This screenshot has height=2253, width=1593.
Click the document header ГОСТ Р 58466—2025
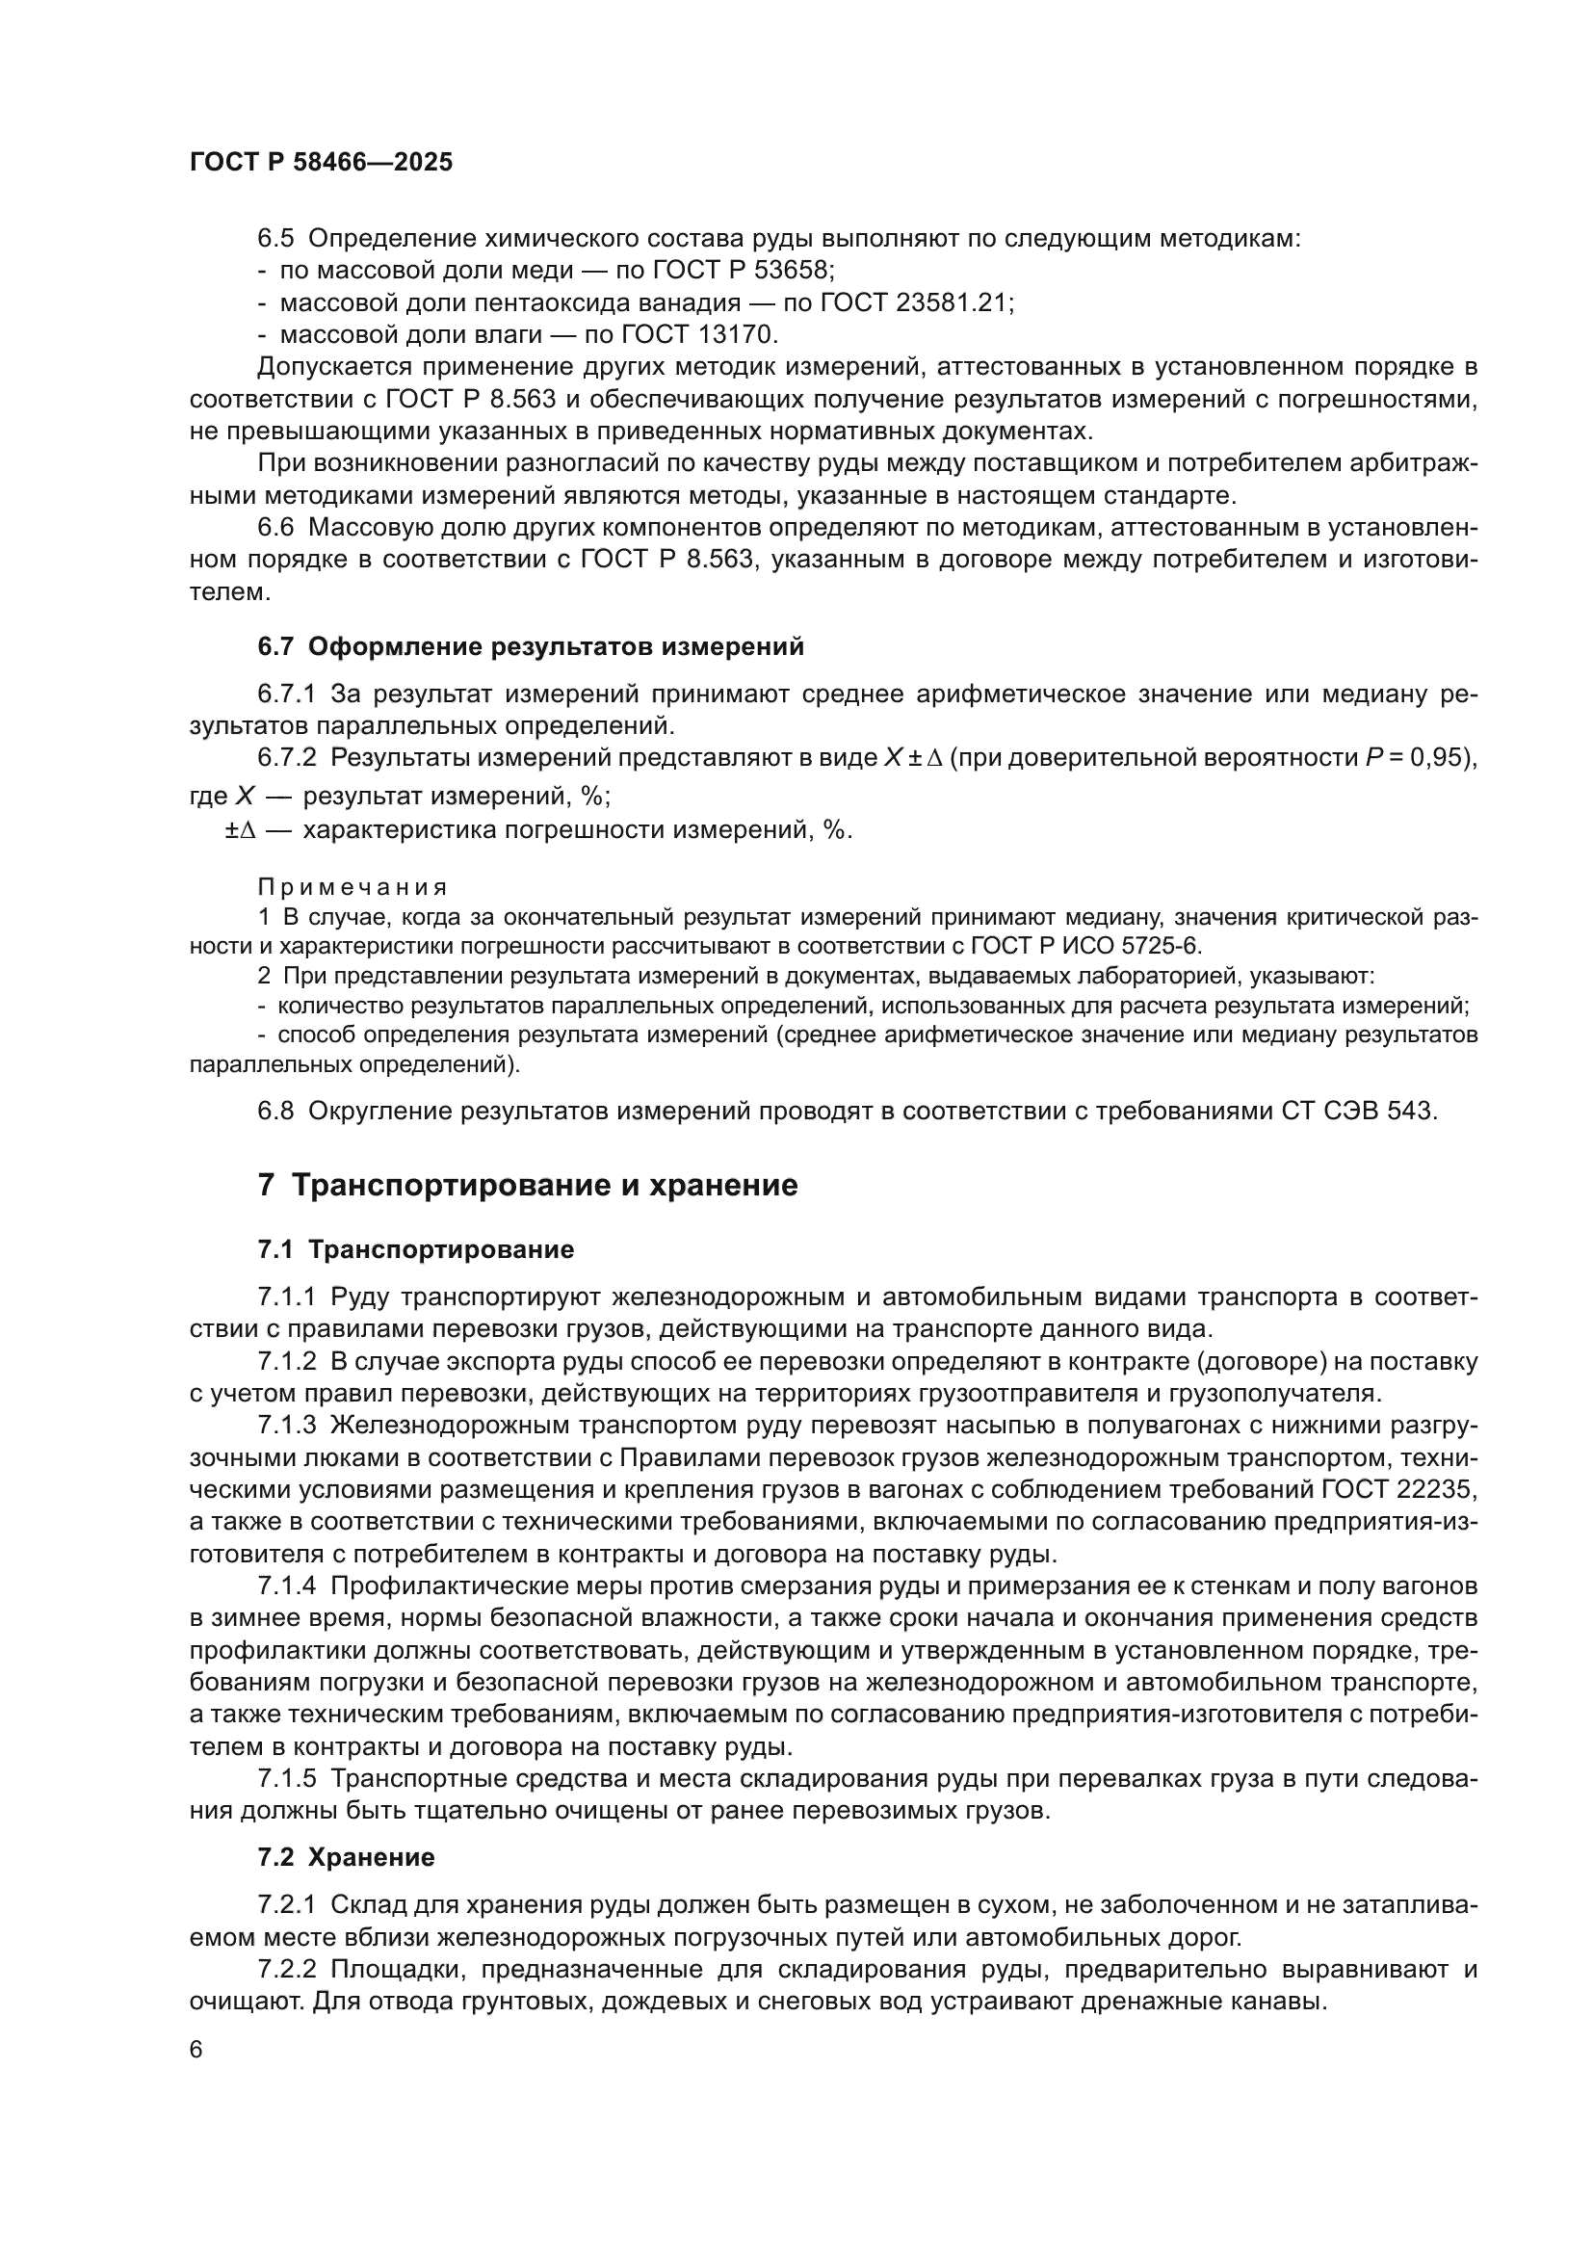[x=321, y=162]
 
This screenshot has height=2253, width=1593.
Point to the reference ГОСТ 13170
[x=698, y=335]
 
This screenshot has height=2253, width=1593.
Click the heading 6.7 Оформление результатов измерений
[x=531, y=646]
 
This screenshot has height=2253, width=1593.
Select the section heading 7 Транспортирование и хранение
[x=528, y=1186]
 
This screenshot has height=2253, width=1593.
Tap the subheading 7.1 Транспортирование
[x=416, y=1250]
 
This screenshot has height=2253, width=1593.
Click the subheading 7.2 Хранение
[x=347, y=1857]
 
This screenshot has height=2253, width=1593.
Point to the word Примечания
[x=353, y=887]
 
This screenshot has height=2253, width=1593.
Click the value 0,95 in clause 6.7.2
[x=1441, y=757]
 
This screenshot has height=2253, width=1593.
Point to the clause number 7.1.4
[x=286, y=1585]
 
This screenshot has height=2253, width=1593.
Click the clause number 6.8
[x=275, y=1111]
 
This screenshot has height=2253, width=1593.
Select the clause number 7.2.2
[x=286, y=1970]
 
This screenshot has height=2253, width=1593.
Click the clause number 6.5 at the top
[x=275, y=239]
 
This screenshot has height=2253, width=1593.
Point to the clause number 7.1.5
[x=286, y=1778]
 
